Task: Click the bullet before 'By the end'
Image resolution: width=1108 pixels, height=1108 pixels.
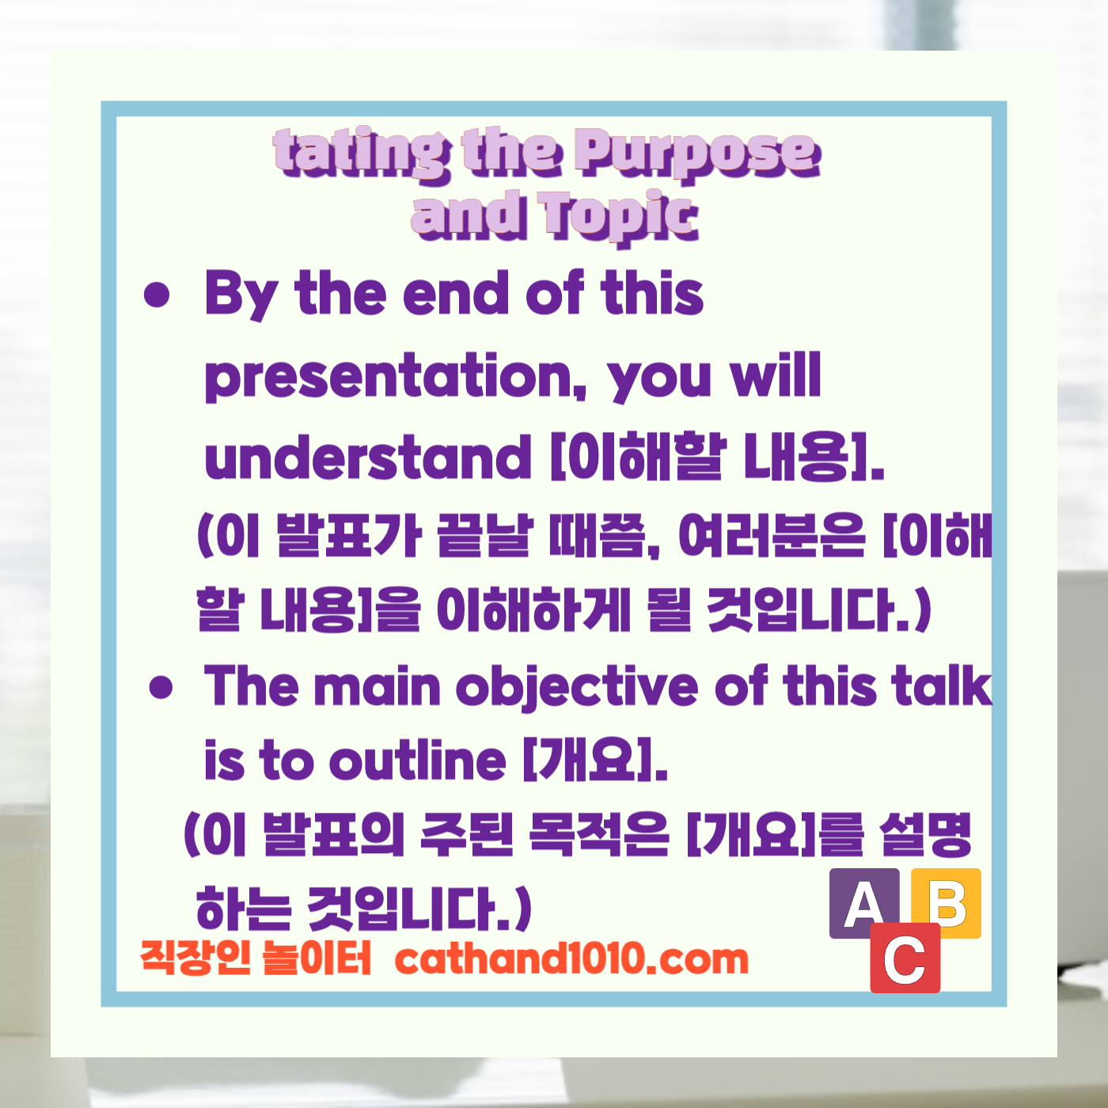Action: click(157, 295)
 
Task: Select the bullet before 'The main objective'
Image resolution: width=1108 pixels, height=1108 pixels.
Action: click(161, 687)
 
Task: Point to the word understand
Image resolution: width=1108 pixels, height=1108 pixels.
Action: click(367, 457)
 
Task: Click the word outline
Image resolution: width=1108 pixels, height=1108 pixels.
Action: click(417, 761)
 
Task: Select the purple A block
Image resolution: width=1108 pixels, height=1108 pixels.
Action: click(863, 902)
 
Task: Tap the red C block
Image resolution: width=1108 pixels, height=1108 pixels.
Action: click(905, 958)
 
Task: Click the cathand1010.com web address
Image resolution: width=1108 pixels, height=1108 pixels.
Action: click(571, 959)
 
